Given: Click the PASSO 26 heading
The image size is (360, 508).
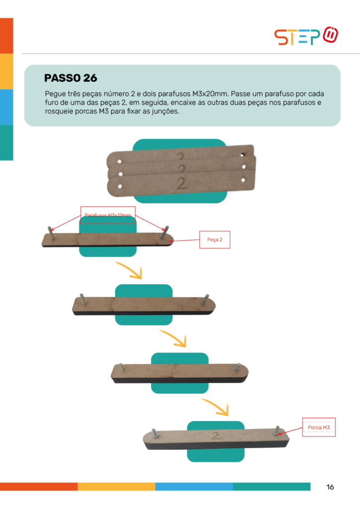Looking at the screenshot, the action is (71, 78).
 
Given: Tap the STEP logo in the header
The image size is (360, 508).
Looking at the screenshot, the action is (306, 36).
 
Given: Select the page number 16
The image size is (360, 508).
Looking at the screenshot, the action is (330, 487).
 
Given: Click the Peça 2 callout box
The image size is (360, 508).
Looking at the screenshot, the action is (215, 240).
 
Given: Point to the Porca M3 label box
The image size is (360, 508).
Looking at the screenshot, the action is (319, 427).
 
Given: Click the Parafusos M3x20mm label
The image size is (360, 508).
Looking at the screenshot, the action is (108, 215).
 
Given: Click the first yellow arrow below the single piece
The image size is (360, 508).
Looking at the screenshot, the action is (130, 270).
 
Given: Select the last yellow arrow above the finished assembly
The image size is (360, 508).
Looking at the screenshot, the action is (216, 407).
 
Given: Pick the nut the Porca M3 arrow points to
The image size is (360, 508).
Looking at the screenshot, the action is (276, 433).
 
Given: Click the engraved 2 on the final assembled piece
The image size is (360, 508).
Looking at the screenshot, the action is (216, 436).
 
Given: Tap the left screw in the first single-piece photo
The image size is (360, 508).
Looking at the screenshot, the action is (51, 233).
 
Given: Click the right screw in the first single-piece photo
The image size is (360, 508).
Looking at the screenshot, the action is (164, 232).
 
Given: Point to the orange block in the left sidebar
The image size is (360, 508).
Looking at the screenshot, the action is (6, 36).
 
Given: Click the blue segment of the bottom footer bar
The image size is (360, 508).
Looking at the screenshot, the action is (194, 487).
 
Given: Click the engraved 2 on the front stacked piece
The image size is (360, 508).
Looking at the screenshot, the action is (181, 184).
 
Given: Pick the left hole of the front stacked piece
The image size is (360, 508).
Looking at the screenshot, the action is (120, 187).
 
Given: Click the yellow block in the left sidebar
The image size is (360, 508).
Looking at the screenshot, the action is (6, 71).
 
